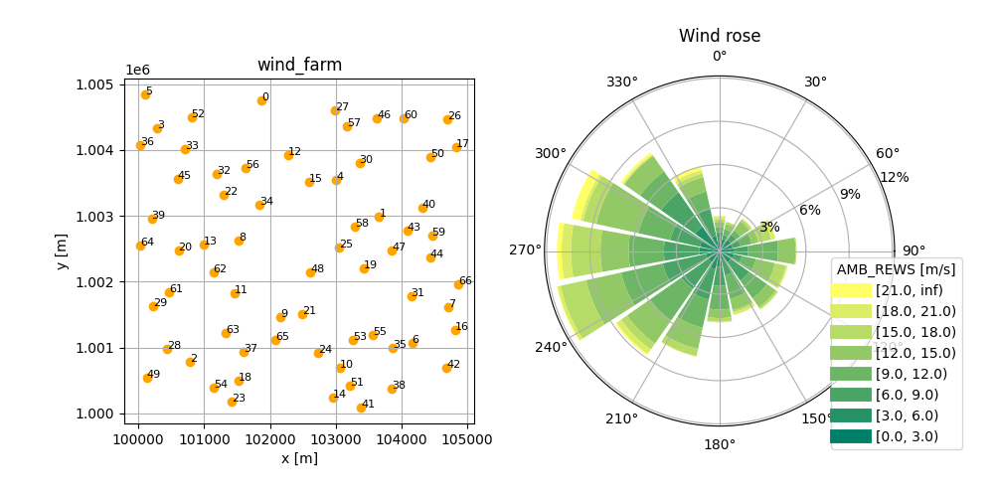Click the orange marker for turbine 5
[x=145, y=94]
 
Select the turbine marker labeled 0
[x=261, y=100]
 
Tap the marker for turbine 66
[x=458, y=284]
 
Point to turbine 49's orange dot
[x=147, y=378]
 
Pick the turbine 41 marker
[x=361, y=408]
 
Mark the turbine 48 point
[x=310, y=272]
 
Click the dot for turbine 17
[x=456, y=147]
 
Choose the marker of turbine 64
[x=140, y=246]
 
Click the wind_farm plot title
[x=299, y=66]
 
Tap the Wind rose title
[x=720, y=36]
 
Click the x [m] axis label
[x=299, y=458]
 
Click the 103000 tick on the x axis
[x=335, y=438]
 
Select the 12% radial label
[x=895, y=177]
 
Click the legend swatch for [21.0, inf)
[x=851, y=290]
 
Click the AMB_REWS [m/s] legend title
[x=896, y=268]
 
